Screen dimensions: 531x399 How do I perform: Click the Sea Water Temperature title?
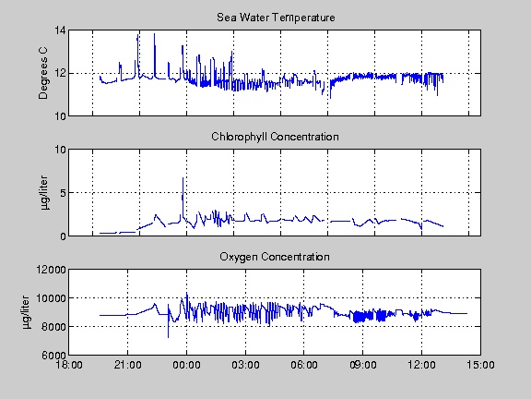point(276,18)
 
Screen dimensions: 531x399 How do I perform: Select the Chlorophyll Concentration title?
point(275,137)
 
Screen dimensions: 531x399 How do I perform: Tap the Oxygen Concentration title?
point(275,257)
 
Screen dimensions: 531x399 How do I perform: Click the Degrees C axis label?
point(43,73)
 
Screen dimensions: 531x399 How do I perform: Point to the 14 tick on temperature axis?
point(60,30)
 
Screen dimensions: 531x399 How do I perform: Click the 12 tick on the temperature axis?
point(60,73)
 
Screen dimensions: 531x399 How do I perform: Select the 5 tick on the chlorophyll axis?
point(63,193)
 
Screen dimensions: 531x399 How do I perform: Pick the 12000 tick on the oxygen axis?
point(52,270)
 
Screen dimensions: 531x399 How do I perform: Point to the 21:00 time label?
point(127,365)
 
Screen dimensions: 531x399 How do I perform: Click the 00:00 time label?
point(186,365)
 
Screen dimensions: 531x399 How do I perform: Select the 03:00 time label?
point(245,365)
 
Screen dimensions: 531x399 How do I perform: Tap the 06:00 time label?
point(304,365)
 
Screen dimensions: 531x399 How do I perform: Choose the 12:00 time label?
point(421,365)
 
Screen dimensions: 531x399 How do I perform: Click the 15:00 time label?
point(480,365)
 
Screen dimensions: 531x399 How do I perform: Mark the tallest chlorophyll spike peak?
point(183,177)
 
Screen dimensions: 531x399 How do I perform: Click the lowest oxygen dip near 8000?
point(169,337)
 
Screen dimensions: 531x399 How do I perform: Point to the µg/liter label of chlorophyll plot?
point(44,193)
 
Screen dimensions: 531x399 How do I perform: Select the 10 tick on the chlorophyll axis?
point(60,150)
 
